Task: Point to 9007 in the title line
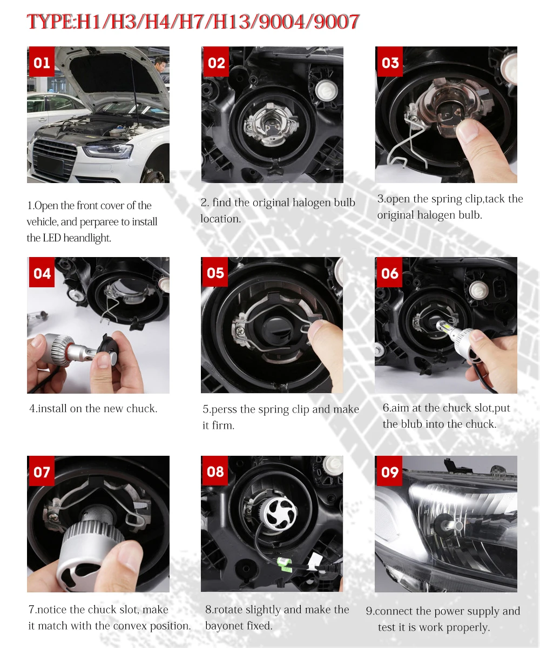pyautogui.click(x=336, y=22)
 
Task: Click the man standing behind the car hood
pyautogui.click(x=161, y=65)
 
